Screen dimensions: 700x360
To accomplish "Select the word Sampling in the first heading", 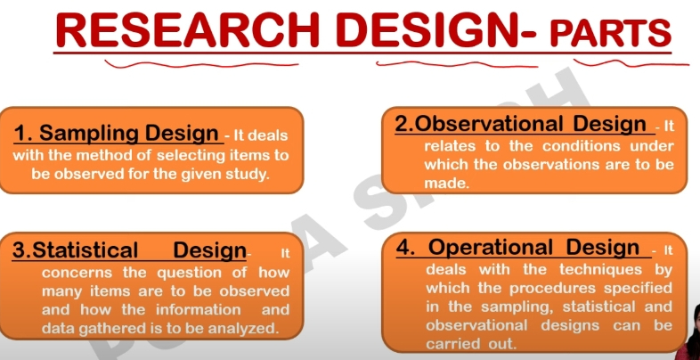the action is coord(85,134).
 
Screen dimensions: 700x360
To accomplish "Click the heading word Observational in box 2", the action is coord(490,125).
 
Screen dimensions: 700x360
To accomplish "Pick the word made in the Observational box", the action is coord(446,184).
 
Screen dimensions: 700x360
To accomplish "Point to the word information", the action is coord(198,309).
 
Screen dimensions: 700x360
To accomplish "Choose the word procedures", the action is coord(553,289).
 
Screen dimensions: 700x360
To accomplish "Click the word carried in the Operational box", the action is coord(447,344).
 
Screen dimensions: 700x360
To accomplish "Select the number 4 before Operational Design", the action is coord(403,248).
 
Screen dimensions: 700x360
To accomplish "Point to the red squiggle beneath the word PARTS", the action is coord(631,63).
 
